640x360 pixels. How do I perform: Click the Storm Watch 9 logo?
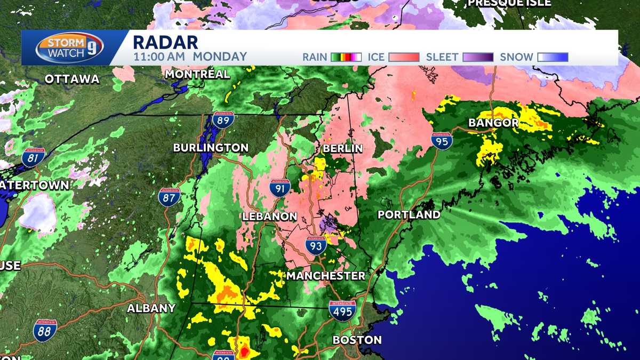pos(69,48)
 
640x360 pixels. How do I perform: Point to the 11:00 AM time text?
pos(159,57)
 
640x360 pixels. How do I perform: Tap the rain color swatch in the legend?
pos(346,57)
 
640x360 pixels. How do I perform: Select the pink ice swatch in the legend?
pos(404,57)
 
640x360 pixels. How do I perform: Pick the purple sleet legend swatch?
pos(478,57)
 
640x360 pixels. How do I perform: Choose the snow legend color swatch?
pos(553,57)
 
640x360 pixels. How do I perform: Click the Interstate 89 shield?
pos(222,120)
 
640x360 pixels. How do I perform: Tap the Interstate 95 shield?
pos(442,141)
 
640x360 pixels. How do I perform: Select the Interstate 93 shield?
pos(316,246)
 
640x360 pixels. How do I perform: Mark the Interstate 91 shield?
pos(279,188)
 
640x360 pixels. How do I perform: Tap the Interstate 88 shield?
pos(45,330)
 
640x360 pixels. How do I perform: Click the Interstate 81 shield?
pos(33,158)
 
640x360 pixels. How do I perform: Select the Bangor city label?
pos(493,123)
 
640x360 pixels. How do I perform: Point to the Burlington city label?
pos(211,148)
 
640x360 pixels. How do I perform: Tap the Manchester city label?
pos(325,276)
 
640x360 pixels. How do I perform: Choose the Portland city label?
pos(409,215)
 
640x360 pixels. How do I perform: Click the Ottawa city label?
pos(72,79)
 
